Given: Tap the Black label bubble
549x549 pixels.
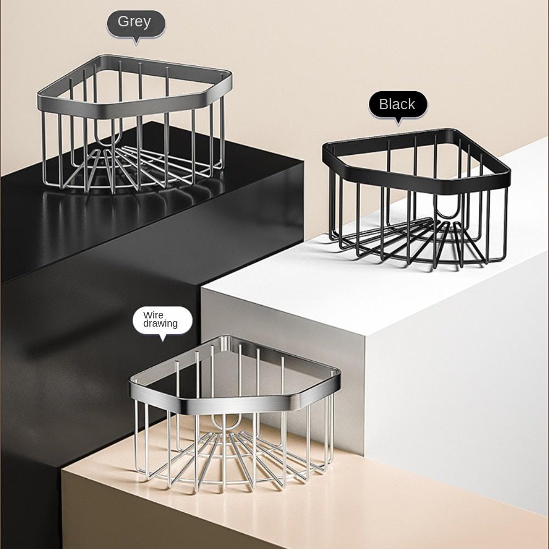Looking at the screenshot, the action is click(397, 104).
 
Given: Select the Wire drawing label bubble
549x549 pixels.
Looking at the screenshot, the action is click(163, 320).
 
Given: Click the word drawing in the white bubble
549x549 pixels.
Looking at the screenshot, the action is click(160, 323).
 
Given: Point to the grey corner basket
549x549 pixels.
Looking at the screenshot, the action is click(134, 124).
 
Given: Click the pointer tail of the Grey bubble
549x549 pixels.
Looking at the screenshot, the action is click(136, 41).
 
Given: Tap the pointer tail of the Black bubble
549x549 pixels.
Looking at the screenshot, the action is click(399, 121).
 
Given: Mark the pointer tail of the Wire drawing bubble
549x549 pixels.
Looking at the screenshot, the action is click(162, 338).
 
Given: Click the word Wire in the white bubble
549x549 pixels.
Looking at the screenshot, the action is click(153, 315).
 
